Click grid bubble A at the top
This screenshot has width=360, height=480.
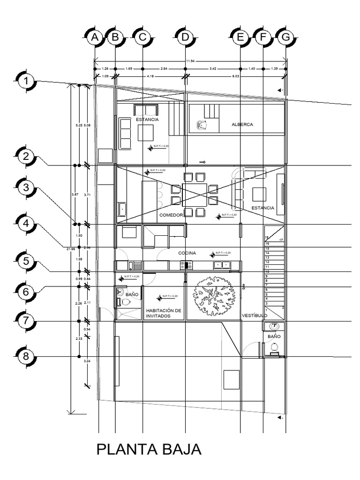(x=95, y=38)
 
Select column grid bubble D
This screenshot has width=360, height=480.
(x=185, y=38)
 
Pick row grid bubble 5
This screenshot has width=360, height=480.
(x=27, y=261)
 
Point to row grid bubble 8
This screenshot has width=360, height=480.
(x=26, y=357)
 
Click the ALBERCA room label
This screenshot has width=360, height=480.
(x=242, y=125)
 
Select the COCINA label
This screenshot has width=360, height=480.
(x=187, y=253)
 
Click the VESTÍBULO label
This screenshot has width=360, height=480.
(x=254, y=315)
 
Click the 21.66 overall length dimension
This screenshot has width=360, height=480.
(x=72, y=249)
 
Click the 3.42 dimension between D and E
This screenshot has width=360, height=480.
(x=212, y=69)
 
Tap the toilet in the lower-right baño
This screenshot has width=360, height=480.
(x=275, y=347)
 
